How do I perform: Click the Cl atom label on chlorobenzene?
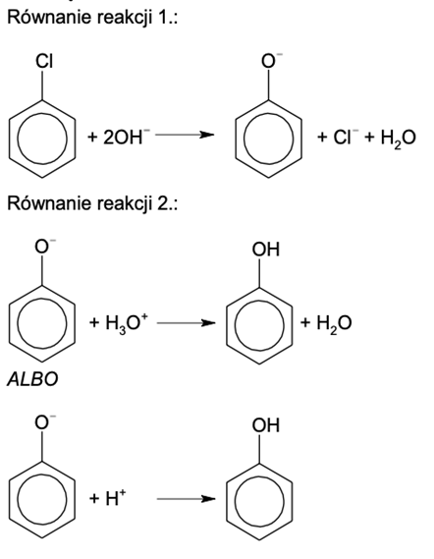(44, 61)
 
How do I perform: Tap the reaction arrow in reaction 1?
(185, 135)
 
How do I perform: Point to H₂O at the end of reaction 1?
(398, 139)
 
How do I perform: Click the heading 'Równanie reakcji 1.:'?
(92, 17)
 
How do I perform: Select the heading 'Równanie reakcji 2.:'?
(92, 203)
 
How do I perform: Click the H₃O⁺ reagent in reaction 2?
(126, 323)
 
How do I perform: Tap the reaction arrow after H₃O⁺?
(186, 323)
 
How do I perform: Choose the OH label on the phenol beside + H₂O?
(266, 250)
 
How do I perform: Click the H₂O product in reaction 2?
(334, 323)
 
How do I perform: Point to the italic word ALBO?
(32, 379)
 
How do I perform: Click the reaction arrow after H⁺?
(186, 499)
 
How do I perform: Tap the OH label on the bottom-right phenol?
(266, 425)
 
